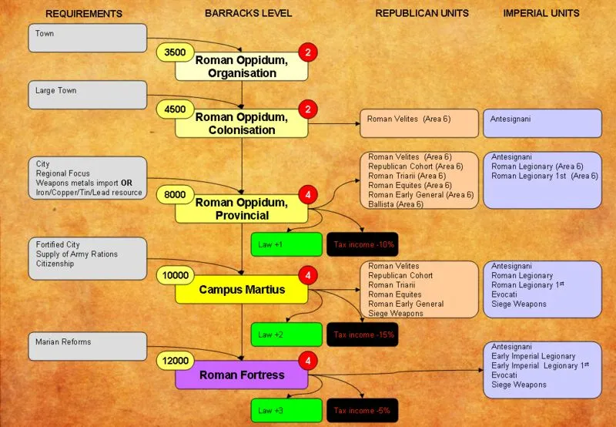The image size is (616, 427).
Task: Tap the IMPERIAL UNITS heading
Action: pos(541,13)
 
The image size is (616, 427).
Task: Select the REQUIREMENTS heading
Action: pos(84,14)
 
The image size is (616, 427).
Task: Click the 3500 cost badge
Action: pos(176,52)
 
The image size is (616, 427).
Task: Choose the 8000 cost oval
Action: pos(176,196)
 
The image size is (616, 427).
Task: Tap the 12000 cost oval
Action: pos(176,360)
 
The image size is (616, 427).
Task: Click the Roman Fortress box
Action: pos(242,375)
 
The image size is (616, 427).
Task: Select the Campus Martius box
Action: pos(242,290)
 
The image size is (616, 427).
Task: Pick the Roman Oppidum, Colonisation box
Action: pos(242,124)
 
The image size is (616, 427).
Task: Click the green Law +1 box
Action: pos(286,244)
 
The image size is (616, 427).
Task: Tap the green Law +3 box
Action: pos(286,411)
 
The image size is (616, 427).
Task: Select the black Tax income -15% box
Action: pos(363,335)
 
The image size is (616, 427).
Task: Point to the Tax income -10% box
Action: pos(363,244)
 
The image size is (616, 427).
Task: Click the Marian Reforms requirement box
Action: pos(88,346)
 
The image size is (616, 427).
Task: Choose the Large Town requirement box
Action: pos(88,95)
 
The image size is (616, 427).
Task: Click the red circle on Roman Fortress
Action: pos(308,360)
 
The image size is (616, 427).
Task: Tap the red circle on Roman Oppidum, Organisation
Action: pos(308,52)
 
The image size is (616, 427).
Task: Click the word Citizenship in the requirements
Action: pos(55,264)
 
